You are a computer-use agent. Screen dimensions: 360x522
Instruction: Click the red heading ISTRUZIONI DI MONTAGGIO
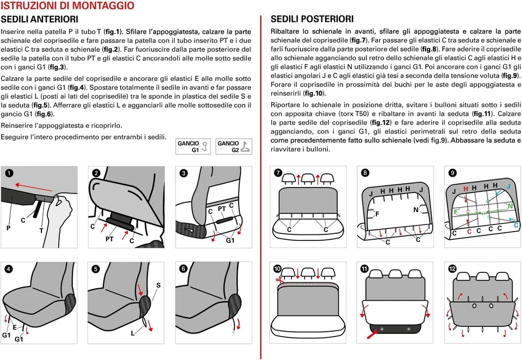[x=67, y=6]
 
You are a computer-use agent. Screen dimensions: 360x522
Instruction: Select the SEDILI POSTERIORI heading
[x=312, y=19]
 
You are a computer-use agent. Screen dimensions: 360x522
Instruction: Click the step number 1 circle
[x=9, y=173]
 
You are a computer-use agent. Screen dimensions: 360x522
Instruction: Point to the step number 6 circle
[x=184, y=269]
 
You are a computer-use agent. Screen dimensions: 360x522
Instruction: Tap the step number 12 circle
[x=452, y=269]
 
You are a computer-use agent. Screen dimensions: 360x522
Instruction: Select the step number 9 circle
[x=452, y=173]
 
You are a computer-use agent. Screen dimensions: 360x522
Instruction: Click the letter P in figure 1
[x=8, y=228]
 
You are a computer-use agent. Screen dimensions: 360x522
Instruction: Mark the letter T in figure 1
[x=41, y=230]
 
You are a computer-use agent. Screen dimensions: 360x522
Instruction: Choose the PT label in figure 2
[x=109, y=238]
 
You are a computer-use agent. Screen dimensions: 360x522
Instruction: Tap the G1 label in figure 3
[x=230, y=240]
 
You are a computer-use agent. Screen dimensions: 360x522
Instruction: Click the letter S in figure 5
[x=158, y=285]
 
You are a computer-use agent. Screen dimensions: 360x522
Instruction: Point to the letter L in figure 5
[x=132, y=333]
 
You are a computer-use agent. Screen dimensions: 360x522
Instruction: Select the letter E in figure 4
[x=15, y=327]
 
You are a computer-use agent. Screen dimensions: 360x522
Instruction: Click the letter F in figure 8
[x=377, y=214]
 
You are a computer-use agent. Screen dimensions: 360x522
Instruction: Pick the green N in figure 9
[x=510, y=206]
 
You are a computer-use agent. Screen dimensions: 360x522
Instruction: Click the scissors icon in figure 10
[x=277, y=280]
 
